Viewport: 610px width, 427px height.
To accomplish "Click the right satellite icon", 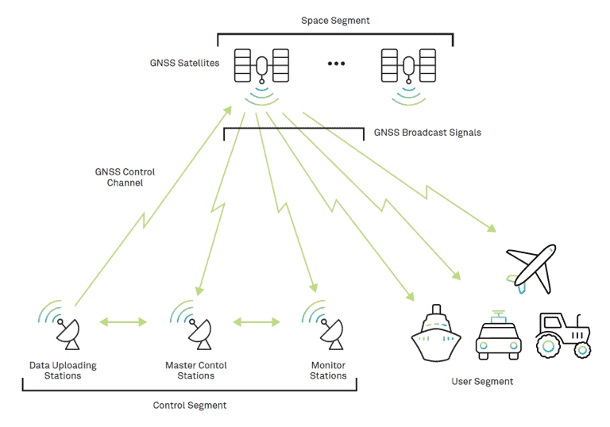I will click(x=408, y=65).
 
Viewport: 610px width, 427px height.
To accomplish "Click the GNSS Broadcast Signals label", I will click(x=427, y=133).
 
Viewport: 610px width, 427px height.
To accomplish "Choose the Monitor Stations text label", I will click(x=328, y=371).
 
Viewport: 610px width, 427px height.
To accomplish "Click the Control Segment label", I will click(x=190, y=406).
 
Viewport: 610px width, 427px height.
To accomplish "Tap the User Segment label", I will click(x=482, y=382).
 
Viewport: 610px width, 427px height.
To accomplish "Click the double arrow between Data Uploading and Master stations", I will click(x=124, y=322).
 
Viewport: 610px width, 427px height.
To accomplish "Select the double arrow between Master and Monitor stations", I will click(x=257, y=322).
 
